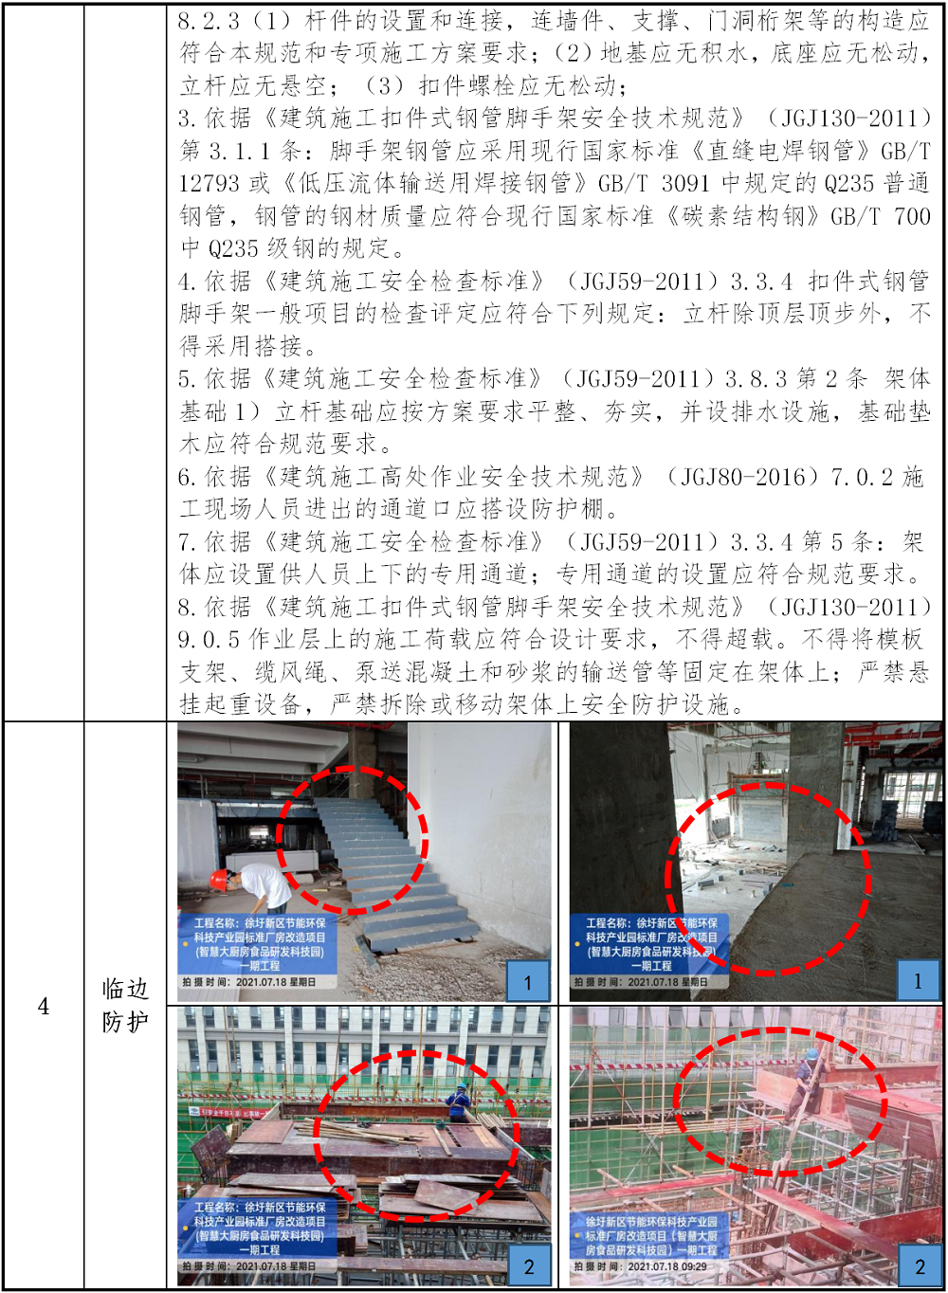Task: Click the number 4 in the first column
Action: (x=44, y=1007)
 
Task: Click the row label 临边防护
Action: (x=125, y=1006)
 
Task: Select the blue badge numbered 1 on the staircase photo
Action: (x=528, y=981)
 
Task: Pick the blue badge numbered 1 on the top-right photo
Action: (x=918, y=980)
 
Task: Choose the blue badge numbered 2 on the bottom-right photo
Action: (x=920, y=1265)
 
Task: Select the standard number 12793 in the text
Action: (x=209, y=184)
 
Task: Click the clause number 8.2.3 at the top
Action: (x=209, y=22)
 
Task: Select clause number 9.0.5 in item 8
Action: (x=209, y=639)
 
